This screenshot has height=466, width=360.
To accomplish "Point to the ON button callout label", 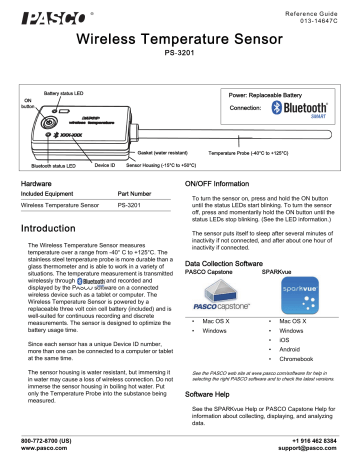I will click(x=28, y=105).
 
